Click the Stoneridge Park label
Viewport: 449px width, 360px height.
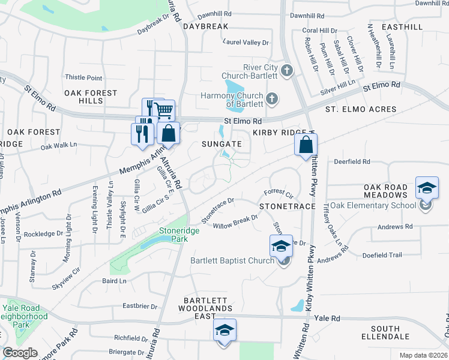pos(173,234)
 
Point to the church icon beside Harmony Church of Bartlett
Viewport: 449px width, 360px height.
pos(272,98)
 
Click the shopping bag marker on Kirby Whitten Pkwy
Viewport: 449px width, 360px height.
pos(306,143)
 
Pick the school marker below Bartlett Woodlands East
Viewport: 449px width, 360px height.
pos(224,330)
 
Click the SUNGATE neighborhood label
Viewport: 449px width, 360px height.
pos(221,144)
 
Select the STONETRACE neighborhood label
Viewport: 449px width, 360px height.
pos(288,206)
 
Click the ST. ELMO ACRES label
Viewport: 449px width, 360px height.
pos(361,109)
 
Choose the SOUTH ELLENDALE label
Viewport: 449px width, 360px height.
pos(393,333)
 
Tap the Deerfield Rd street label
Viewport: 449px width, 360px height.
pos(352,162)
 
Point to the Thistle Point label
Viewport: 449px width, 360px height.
pos(83,77)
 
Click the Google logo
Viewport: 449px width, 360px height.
pos(20,353)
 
